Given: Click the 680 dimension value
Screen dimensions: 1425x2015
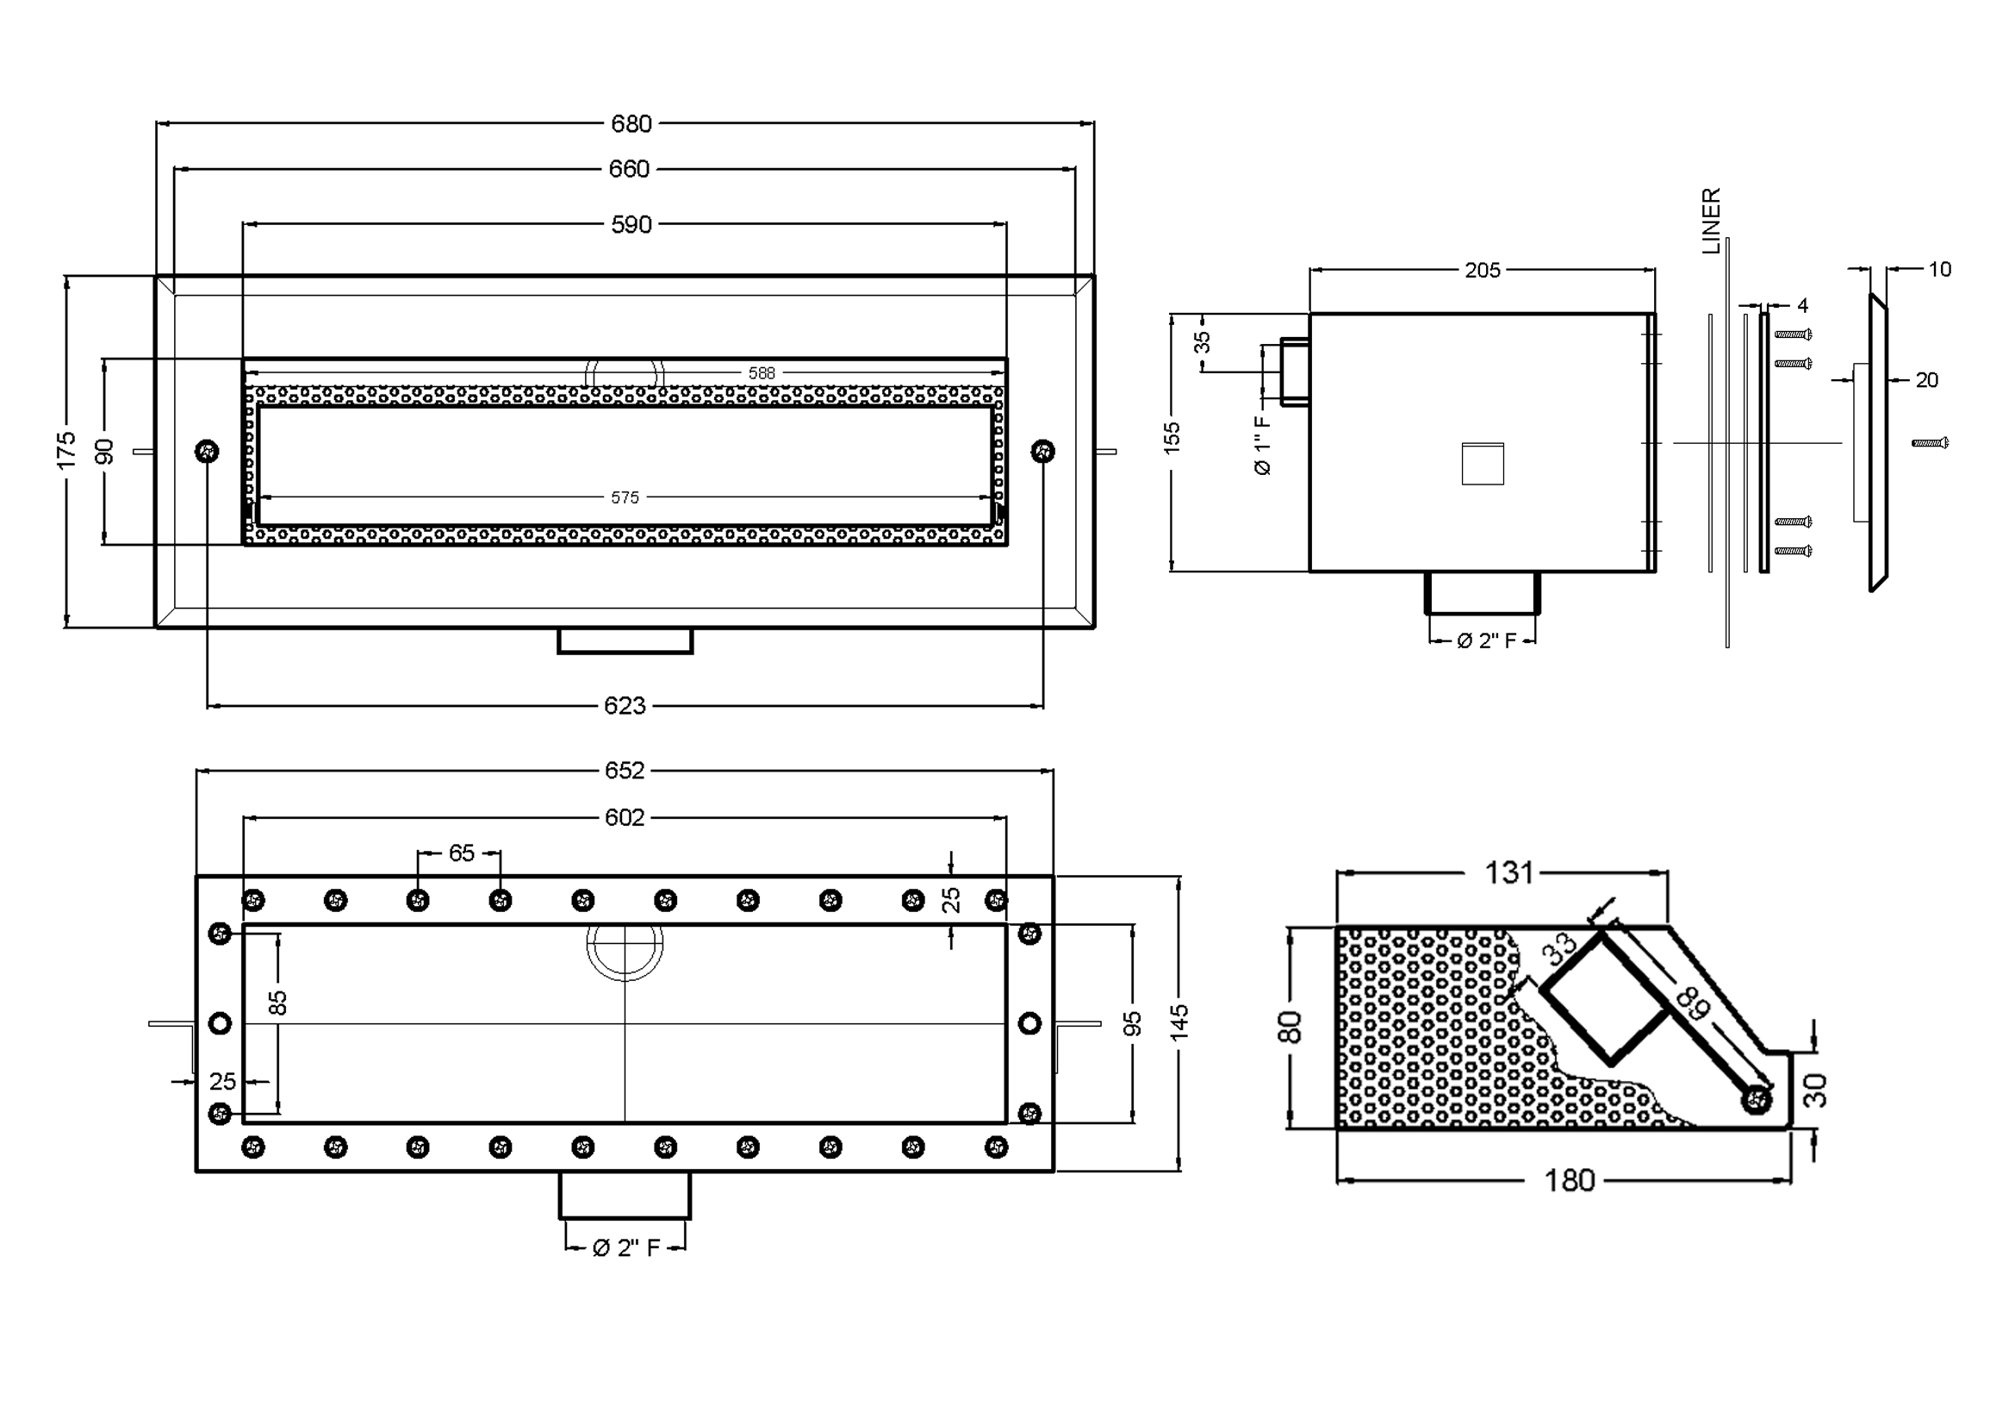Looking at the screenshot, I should [x=631, y=124].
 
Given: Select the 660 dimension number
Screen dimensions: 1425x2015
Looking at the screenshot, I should [x=629, y=169].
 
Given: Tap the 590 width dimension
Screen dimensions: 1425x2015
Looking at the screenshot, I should [x=631, y=225].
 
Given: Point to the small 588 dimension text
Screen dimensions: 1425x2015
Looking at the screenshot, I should [x=761, y=373].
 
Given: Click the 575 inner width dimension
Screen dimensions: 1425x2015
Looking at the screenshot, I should [x=625, y=497].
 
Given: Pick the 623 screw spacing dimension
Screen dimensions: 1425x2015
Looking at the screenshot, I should [x=625, y=706].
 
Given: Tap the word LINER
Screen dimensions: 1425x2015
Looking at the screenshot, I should [x=1712, y=222].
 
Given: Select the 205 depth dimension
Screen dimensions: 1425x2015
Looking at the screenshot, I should [x=1483, y=271].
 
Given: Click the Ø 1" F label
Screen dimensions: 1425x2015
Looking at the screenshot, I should [x=1263, y=445].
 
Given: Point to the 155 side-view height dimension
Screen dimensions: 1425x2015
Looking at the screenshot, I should [x=1172, y=438].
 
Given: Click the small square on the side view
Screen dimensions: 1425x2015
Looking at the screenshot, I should [x=1483, y=464].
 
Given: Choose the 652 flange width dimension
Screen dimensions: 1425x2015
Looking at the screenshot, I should [x=625, y=771].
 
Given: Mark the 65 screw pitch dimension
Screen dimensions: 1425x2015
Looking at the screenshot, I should [x=462, y=853].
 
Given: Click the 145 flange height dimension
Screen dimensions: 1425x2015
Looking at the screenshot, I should [x=1179, y=1023].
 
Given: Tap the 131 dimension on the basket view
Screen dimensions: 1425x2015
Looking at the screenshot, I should [x=1509, y=872].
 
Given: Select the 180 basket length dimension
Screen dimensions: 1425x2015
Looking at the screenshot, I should [x=1569, y=1181].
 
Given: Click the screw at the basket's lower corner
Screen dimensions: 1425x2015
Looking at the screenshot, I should [x=1756, y=1098].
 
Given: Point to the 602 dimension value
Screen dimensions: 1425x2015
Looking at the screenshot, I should [x=625, y=818].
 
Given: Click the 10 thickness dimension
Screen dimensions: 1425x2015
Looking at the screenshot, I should [x=1939, y=270].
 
